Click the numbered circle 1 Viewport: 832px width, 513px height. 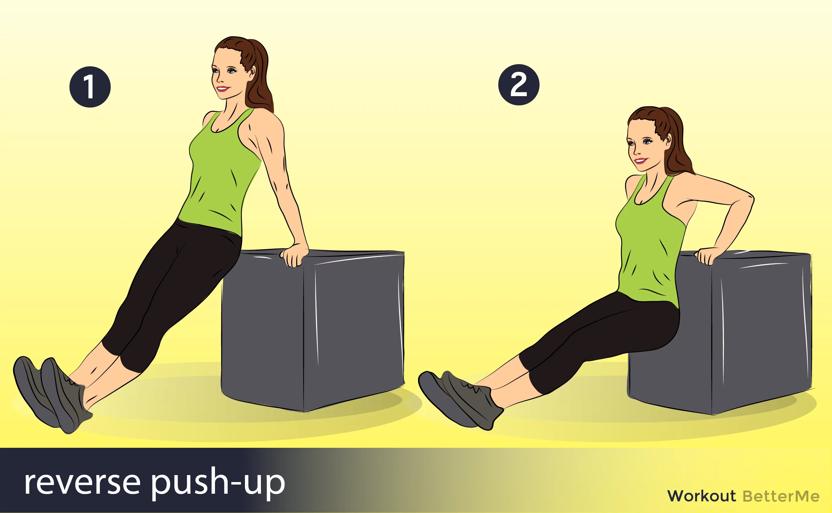tap(90, 87)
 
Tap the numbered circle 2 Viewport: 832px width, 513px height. tap(519, 85)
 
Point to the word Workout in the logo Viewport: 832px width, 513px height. tap(701, 496)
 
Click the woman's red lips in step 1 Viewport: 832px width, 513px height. tap(223, 89)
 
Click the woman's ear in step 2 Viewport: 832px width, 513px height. tap(668, 140)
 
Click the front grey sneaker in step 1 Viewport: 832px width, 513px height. tap(66, 396)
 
